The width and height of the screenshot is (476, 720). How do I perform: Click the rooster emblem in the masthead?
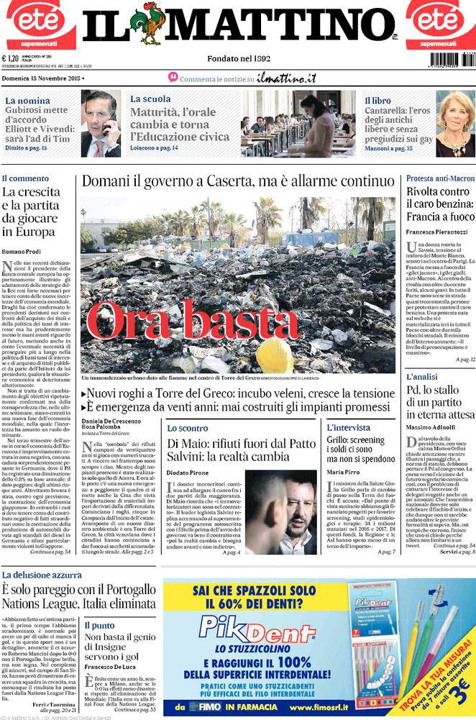pos(152,23)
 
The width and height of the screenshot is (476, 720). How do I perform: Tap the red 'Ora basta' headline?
pos(193,320)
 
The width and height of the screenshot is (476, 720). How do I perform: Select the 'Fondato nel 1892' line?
pos(238,58)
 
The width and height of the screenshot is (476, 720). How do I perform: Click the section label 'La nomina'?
pos(27,101)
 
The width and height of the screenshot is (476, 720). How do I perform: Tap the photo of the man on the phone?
pos(100,124)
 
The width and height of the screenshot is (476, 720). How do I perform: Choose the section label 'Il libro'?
pos(377,101)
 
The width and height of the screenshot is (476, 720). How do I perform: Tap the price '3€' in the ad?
pos(460,697)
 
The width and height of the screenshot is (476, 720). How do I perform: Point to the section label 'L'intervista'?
pos(349,428)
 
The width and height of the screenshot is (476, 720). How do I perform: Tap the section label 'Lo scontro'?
pos(187,428)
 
